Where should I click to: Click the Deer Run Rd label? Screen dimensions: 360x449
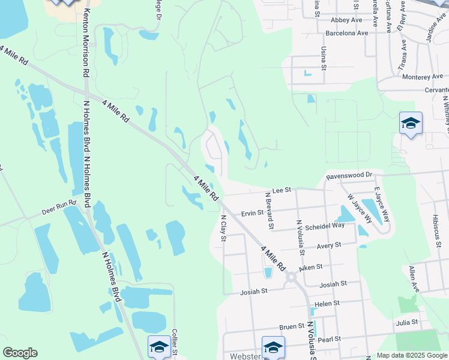[x=59, y=208]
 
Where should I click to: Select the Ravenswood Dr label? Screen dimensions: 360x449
[x=349, y=175]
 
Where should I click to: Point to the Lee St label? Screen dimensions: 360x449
[x=281, y=190]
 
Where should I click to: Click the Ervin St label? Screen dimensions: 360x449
[x=252, y=213]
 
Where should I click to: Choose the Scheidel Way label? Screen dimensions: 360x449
[x=325, y=226]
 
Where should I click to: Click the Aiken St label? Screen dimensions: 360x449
[x=311, y=266]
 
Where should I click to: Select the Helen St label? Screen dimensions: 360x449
[x=327, y=304]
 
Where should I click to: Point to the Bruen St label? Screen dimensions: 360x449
[x=292, y=327]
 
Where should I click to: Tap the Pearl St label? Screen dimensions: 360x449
[x=329, y=339]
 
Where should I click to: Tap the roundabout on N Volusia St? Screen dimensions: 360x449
[x=292, y=277]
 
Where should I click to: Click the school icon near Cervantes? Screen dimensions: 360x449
[x=411, y=124]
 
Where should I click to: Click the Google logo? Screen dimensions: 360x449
[x=20, y=353]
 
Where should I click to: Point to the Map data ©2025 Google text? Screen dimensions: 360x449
[x=411, y=355]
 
